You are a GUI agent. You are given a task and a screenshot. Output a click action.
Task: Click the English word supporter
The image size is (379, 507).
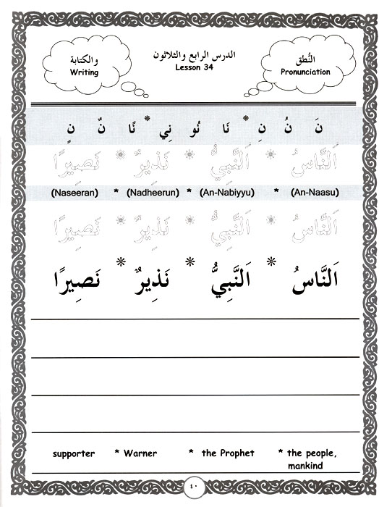point(74,453)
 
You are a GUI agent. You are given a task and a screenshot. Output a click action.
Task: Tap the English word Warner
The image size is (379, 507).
point(140,453)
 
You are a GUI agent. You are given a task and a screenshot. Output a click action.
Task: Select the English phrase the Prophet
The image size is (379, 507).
point(228,453)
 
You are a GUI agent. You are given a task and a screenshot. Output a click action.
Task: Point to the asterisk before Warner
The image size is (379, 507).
point(117,453)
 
